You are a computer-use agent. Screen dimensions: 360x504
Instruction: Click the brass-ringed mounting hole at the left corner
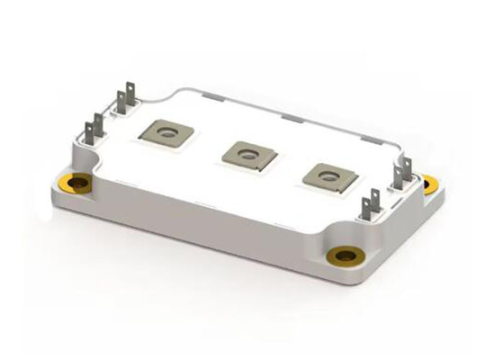pyautogui.click(x=80, y=184)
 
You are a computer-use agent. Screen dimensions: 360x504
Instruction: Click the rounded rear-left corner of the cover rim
pyautogui.click(x=180, y=90)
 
